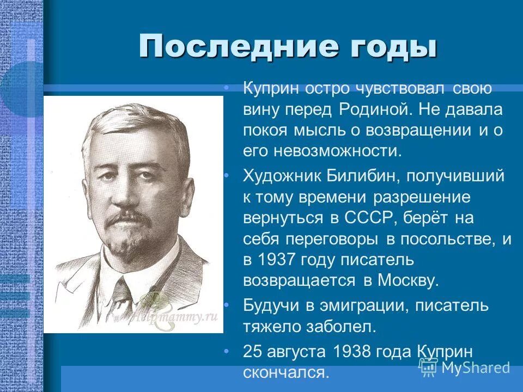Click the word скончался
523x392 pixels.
pyautogui.click(x=287, y=373)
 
